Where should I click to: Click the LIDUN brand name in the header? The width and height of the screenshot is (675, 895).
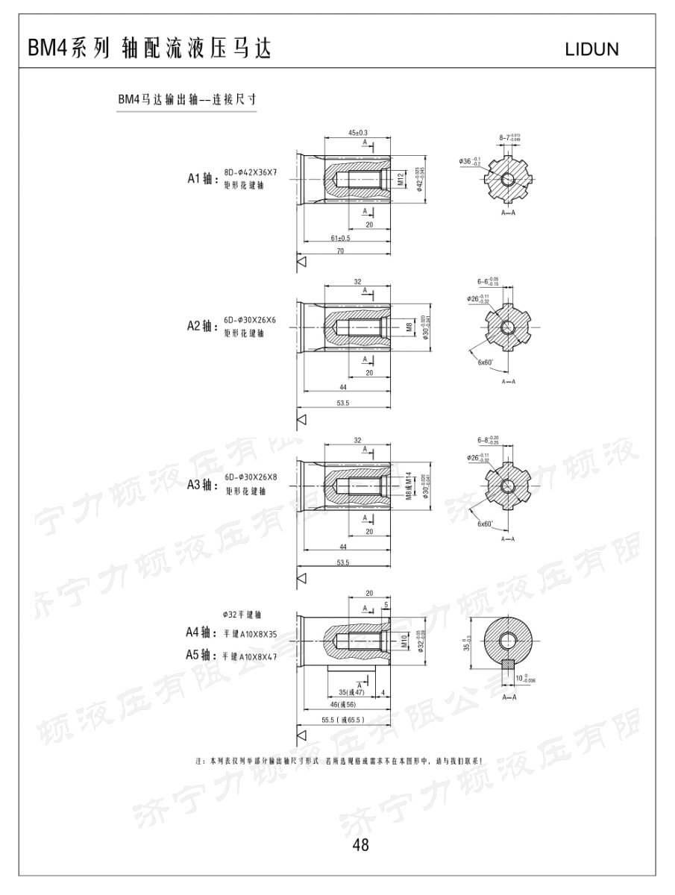coord(594,50)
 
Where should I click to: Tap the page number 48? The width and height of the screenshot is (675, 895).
coord(361,845)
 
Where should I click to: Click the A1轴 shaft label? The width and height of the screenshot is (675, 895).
coord(201,178)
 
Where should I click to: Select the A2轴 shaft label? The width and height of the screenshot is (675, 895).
coord(201,326)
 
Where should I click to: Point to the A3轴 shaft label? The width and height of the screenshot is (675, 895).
coord(201,485)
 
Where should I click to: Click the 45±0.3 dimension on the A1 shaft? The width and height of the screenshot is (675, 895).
coord(359,132)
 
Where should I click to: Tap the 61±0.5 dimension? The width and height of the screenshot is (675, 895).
coord(340,238)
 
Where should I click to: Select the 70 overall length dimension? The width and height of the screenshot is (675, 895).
coord(340,252)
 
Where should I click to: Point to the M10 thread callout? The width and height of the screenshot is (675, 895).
coord(404,641)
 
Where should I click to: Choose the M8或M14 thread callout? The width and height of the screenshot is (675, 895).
coord(408,486)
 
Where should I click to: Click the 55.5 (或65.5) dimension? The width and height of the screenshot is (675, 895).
coord(342,720)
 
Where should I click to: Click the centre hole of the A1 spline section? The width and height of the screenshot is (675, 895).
coord(508,179)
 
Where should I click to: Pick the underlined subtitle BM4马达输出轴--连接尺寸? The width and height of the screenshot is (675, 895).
coord(187,98)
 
